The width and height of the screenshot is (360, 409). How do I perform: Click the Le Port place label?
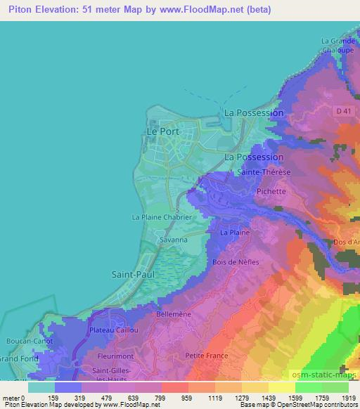click(162, 131)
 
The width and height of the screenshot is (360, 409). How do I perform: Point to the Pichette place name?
click(271, 191)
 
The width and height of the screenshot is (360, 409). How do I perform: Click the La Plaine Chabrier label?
click(162, 217)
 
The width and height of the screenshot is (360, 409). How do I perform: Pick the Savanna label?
click(172, 240)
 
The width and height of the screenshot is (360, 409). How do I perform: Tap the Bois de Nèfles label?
click(236, 262)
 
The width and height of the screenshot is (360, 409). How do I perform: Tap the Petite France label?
click(207, 356)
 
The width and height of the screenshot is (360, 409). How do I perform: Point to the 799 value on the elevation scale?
click(170, 398)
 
